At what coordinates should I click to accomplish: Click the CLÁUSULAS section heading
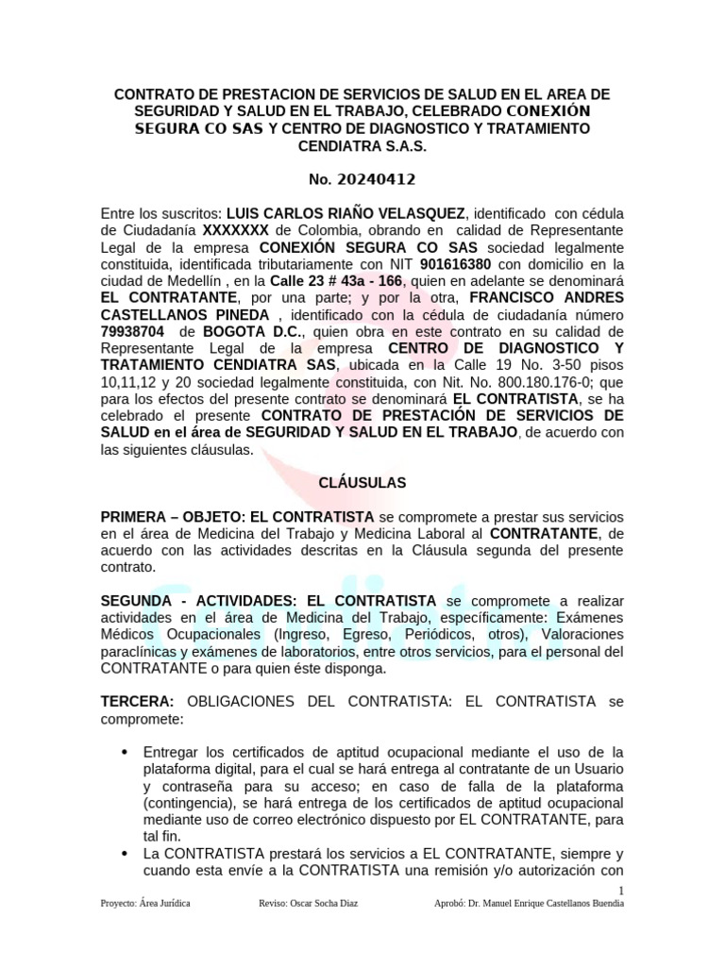click(362, 483)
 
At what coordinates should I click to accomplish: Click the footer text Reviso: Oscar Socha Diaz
click(308, 904)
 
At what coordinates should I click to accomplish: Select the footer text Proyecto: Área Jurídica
click(145, 904)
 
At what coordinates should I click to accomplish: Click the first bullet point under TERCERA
click(126, 752)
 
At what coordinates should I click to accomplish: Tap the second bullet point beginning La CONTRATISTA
click(126, 853)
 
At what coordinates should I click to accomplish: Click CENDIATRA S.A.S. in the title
click(362, 146)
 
